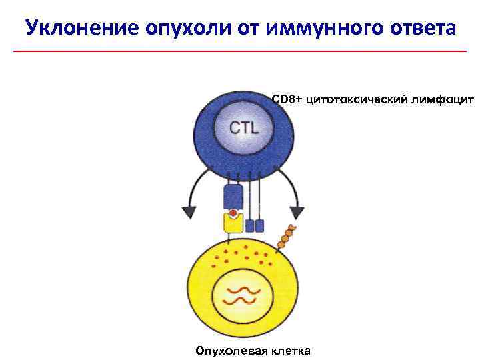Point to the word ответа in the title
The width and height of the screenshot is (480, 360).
click(x=418, y=29)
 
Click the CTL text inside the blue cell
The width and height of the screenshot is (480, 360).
click(x=245, y=128)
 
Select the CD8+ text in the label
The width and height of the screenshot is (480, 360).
click(x=287, y=99)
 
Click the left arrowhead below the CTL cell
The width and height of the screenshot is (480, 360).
click(x=189, y=211)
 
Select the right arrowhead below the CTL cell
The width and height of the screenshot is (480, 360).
click(x=297, y=212)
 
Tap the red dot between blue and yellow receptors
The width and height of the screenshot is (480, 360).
click(x=233, y=214)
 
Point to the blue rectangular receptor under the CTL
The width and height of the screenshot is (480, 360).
click(x=233, y=197)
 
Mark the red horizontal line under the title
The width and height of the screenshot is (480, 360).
click(x=240, y=51)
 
